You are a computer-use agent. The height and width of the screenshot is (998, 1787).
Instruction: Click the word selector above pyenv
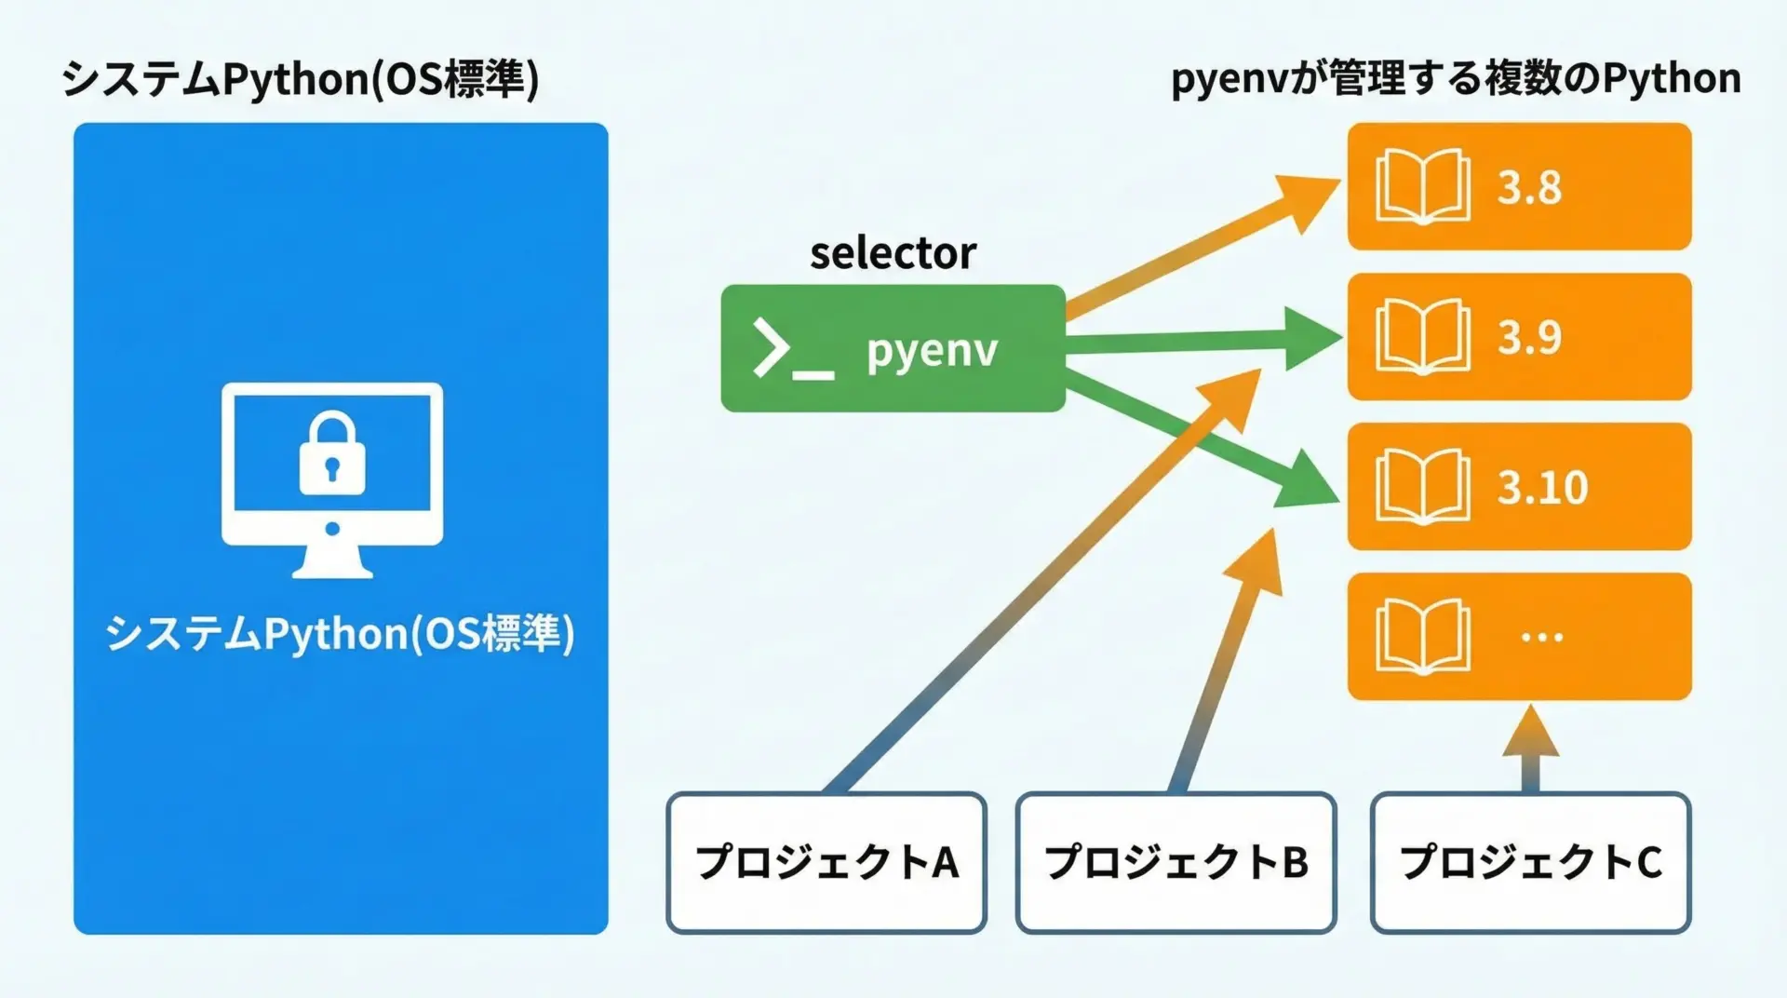(893, 253)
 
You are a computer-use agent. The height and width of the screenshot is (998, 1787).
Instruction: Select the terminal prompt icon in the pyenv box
(791, 349)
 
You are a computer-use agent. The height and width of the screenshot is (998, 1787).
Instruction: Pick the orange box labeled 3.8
(1519, 186)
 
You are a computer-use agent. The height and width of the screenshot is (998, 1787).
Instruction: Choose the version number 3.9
(1529, 337)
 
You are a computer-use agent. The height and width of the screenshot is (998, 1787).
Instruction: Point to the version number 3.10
(1541, 487)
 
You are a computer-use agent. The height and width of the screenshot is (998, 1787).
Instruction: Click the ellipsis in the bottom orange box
(1541, 638)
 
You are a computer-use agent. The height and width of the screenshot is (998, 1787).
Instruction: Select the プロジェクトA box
(826, 862)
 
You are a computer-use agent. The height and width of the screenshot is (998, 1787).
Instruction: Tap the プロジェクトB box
(1176, 862)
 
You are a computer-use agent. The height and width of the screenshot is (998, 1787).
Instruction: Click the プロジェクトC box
(1530, 862)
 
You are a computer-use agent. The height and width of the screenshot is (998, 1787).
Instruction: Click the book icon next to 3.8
(1422, 186)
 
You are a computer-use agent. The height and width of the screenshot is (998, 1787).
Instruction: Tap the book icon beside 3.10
(1422, 487)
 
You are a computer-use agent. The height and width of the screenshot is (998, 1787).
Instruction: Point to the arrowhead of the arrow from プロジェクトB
(1258, 563)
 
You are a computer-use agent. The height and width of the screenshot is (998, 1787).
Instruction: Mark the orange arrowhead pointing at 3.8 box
(1303, 197)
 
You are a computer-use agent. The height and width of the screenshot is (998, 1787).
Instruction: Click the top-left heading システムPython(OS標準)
(300, 79)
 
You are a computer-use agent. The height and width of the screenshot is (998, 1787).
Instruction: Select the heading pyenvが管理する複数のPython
(1456, 79)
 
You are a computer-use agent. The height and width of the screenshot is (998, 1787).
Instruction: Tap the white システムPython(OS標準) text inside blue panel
(340, 634)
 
